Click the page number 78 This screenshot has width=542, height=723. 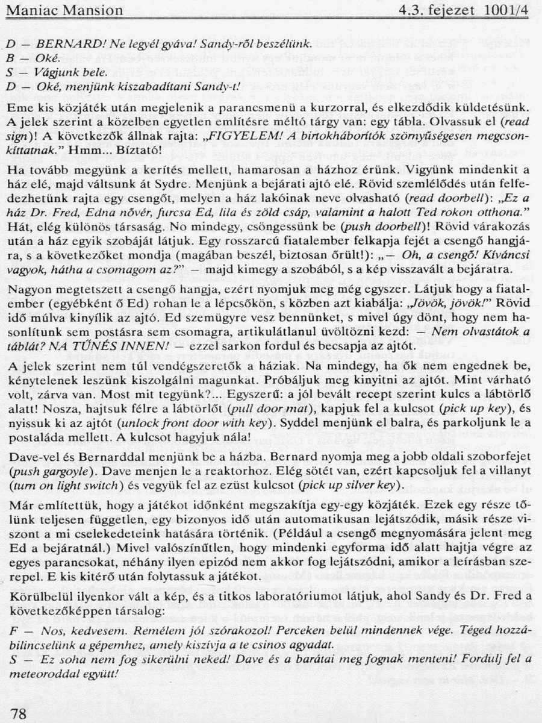(19, 713)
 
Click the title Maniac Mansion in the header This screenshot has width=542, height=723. (64, 10)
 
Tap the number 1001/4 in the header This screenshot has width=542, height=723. (505, 10)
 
